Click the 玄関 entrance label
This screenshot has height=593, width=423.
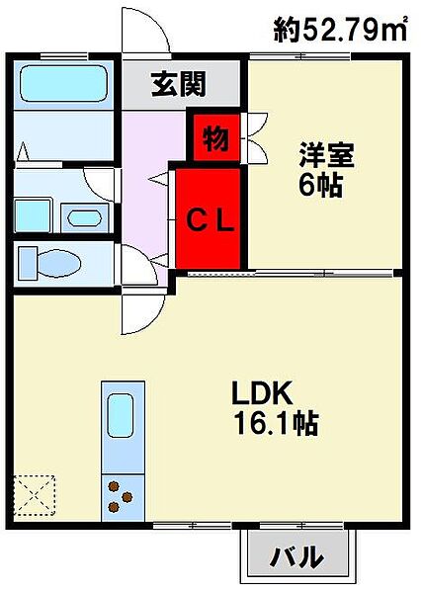coord(179,84)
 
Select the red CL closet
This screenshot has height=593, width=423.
coord(209,218)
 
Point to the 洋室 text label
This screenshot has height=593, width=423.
coord(326,155)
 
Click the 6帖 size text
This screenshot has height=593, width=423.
coord(320,185)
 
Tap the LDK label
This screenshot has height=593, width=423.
coord(262,393)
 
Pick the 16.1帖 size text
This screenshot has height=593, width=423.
coord(277,422)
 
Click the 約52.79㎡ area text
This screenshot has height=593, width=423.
coord(340,29)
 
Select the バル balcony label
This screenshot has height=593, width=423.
coord(296,556)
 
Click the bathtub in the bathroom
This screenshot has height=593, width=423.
coord(63,84)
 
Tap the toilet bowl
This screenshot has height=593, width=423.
coord(59,263)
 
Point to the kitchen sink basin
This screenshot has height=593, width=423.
coord(121,415)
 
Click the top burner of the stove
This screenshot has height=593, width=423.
coord(114,486)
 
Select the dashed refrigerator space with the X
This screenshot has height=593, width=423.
coord(35,495)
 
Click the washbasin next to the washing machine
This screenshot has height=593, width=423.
coord(85,217)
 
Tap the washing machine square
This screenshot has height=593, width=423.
coord(33,215)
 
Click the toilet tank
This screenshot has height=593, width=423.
coord(28,263)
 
